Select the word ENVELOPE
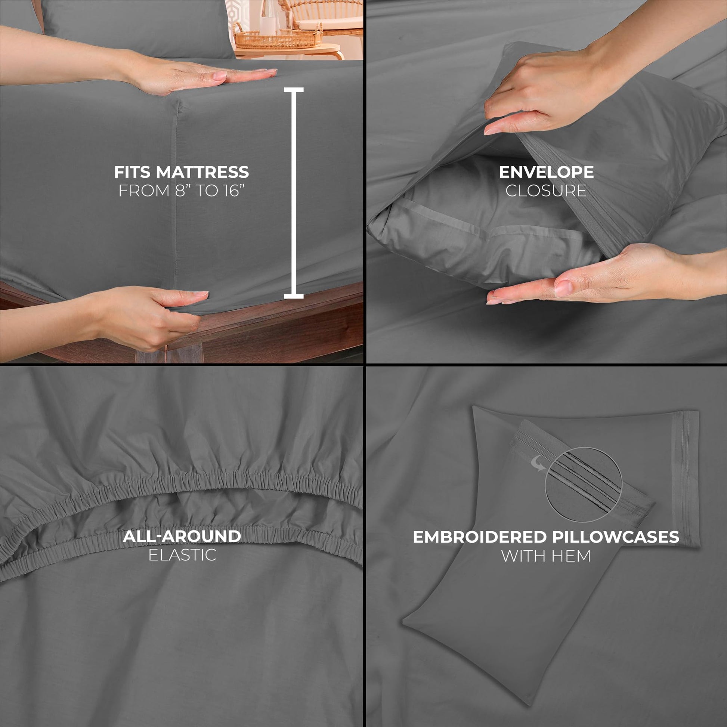546,172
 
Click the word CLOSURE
546,191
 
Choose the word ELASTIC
182,555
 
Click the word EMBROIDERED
479,537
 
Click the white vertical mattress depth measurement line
294,193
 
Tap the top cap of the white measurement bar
294,90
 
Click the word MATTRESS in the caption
202,172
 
